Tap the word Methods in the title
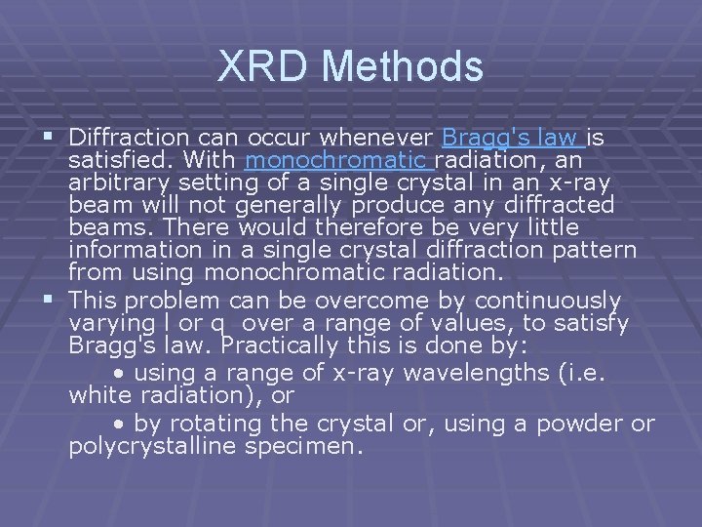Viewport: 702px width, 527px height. coord(402,66)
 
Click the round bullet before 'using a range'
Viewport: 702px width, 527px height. coord(119,372)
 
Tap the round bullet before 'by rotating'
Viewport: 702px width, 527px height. coord(119,425)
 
